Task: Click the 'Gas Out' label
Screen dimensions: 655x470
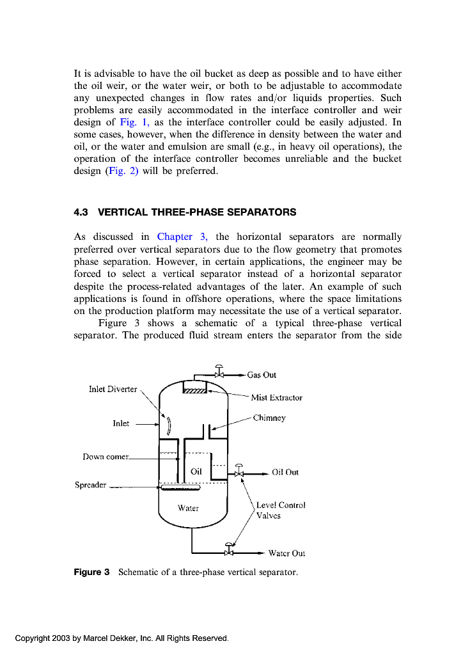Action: pyautogui.click(x=262, y=375)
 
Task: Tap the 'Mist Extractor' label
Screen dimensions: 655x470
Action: pyautogui.click(x=276, y=397)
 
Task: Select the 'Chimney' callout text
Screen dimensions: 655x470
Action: pyautogui.click(x=269, y=418)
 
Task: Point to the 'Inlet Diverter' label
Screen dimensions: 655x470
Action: pyautogui.click(x=113, y=389)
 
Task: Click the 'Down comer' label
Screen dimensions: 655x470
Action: pyautogui.click(x=106, y=457)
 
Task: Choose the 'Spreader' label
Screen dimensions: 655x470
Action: pyautogui.click(x=90, y=485)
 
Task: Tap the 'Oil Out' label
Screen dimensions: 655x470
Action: pyautogui.click(x=285, y=472)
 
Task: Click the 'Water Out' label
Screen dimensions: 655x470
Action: pyautogui.click(x=286, y=553)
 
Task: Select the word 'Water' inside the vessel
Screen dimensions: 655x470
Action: pyautogui.click(x=188, y=508)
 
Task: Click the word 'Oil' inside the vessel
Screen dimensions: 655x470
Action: pyautogui.click(x=196, y=471)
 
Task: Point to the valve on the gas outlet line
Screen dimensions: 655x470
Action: pyautogui.click(x=219, y=374)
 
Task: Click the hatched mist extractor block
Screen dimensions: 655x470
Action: pyautogui.click(x=194, y=391)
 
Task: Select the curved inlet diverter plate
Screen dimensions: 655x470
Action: pyautogui.click(x=169, y=425)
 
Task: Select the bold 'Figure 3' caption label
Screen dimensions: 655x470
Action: pyautogui.click(x=92, y=572)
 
